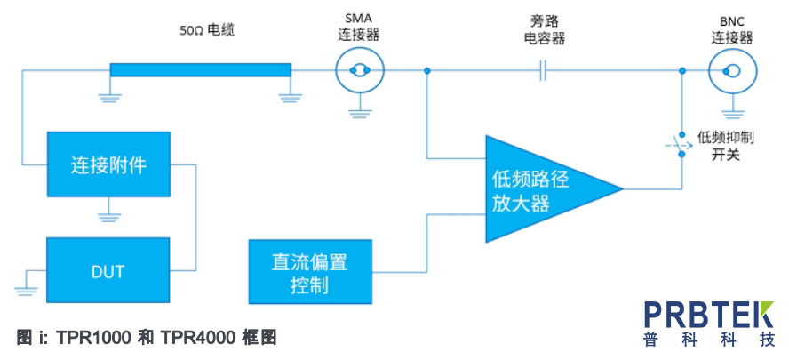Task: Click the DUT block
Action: pyautogui.click(x=108, y=270)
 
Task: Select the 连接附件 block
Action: pyautogui.click(x=108, y=164)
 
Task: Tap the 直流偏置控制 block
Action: pyautogui.click(x=310, y=271)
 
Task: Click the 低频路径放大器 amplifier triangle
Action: pyautogui.click(x=544, y=188)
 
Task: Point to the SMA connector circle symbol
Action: pyautogui.click(x=360, y=71)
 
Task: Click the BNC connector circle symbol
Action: pyautogui.click(x=733, y=71)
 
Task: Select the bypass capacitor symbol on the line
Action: pyautogui.click(x=542, y=71)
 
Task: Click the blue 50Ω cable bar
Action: pyautogui.click(x=200, y=70)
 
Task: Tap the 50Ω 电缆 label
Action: pyautogui.click(x=207, y=31)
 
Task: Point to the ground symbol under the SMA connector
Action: pyautogui.click(x=360, y=113)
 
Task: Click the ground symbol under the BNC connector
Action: pyautogui.click(x=733, y=113)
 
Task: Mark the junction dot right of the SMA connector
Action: pyautogui.click(x=426, y=71)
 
